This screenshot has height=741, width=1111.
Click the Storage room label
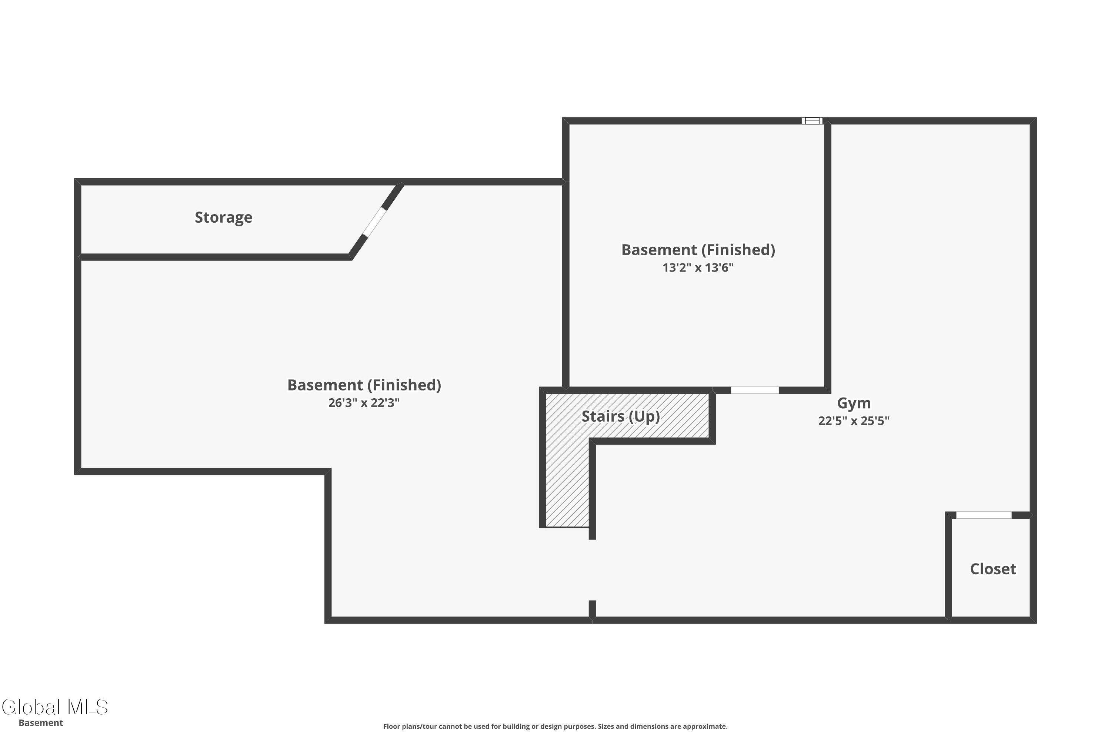[223, 217]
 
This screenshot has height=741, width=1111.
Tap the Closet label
[993, 569]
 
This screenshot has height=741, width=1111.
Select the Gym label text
[854, 403]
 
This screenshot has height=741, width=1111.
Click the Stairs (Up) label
[621, 416]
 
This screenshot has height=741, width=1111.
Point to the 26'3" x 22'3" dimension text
[364, 403]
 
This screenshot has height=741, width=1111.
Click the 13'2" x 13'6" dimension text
[698, 268]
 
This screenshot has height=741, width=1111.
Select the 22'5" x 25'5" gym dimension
[854, 421]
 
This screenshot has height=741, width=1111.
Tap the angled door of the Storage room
[374, 222]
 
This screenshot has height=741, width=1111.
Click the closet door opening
[984, 515]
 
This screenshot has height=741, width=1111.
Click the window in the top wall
[812, 120]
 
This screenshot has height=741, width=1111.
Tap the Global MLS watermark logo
[55, 707]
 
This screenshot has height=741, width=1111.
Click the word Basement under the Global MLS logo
[41, 723]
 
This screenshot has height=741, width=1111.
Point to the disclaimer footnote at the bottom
[555, 726]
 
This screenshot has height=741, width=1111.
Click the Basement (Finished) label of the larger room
[364, 385]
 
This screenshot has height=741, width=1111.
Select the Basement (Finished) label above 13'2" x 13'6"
[698, 250]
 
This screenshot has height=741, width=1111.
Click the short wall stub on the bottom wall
[592, 609]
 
